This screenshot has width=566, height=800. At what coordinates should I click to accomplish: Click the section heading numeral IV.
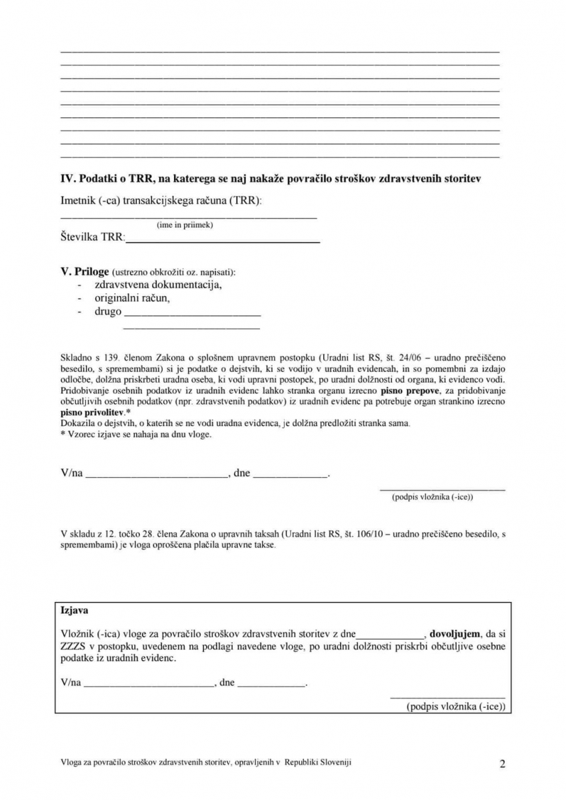tap(68, 179)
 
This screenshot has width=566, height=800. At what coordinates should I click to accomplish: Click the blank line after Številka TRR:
tap(223, 240)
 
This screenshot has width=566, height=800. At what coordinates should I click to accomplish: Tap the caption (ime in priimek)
tap(185, 225)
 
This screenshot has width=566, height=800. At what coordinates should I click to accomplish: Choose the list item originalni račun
tap(132, 298)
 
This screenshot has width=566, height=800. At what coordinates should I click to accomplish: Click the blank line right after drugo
tap(192, 314)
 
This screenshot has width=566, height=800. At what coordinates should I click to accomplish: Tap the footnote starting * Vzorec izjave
tap(136, 435)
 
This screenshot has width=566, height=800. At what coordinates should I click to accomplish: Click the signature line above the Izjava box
tap(442, 490)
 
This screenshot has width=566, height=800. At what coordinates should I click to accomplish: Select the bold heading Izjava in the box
tap(75, 610)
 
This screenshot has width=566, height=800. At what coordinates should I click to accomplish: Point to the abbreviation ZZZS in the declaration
tap(73, 645)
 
